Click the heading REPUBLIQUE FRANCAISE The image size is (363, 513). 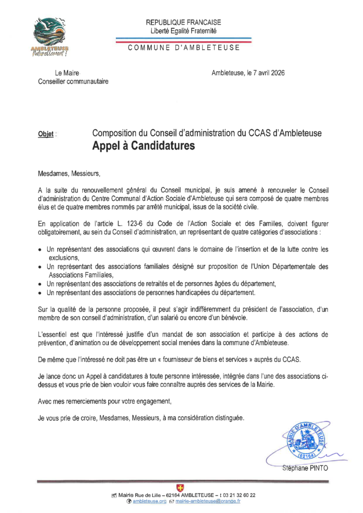coord(183,23)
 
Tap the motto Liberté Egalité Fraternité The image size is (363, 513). coord(183,31)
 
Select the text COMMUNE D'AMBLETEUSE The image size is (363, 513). coord(184,48)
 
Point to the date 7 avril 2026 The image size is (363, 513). coord(265,73)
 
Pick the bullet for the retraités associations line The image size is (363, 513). coord(41,284)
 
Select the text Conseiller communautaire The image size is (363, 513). coord(73,82)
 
